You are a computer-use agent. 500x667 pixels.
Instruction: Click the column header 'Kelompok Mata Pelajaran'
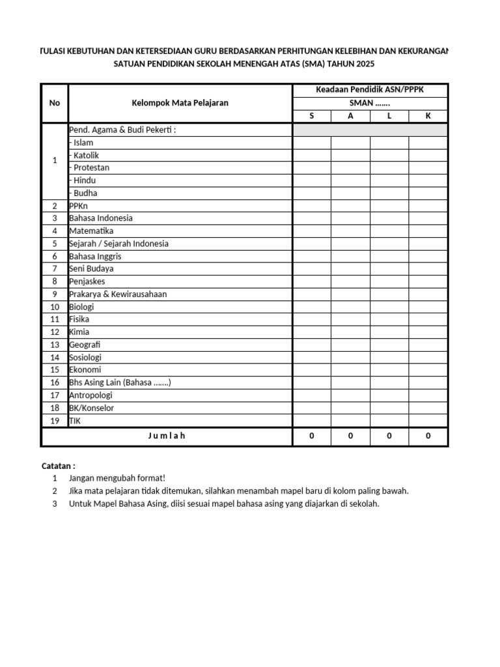(x=180, y=103)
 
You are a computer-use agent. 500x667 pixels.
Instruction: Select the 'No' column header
(x=55, y=103)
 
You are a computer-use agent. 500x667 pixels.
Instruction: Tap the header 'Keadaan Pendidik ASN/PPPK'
(x=370, y=90)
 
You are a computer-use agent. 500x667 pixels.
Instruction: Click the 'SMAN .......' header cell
(x=370, y=103)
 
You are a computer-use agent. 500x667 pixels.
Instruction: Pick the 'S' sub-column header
(x=311, y=116)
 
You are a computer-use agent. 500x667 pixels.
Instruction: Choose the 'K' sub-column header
(x=428, y=116)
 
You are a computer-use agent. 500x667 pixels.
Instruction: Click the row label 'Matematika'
(x=91, y=231)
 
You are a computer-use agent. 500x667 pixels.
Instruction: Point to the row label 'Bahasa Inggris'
(x=95, y=257)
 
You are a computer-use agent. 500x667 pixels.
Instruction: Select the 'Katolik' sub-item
(x=86, y=155)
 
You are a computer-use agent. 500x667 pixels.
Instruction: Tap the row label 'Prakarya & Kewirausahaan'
(x=118, y=294)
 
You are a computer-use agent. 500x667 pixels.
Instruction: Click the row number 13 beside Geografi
(x=55, y=345)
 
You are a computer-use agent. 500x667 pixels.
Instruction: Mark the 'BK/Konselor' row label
(x=92, y=408)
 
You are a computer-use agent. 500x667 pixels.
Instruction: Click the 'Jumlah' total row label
(x=167, y=436)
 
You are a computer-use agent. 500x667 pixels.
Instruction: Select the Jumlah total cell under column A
(x=350, y=436)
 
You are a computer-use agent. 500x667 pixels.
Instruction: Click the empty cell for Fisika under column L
(x=389, y=320)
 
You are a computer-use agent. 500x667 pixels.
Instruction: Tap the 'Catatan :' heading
(x=59, y=466)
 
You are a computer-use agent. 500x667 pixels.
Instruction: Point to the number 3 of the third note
(x=55, y=504)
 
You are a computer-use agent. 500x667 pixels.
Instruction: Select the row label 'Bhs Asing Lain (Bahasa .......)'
(x=120, y=383)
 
